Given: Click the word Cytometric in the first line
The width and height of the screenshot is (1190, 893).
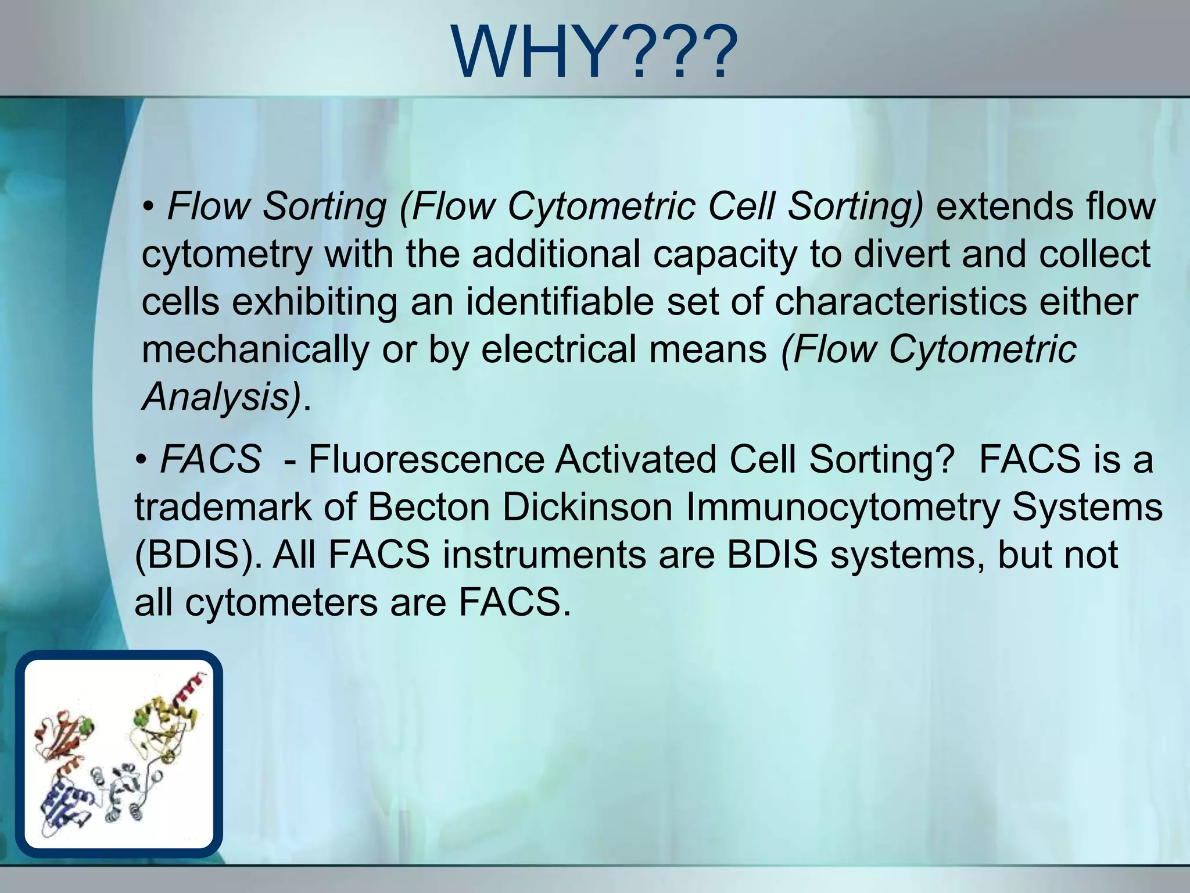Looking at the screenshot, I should tap(601, 207).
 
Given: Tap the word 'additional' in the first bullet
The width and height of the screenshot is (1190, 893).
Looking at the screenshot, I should tap(556, 254).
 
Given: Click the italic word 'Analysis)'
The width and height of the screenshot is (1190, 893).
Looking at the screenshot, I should tap(222, 397).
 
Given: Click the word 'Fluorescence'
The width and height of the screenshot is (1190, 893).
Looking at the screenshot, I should tap(426, 459).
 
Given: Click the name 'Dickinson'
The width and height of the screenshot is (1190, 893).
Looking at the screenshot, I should tap(587, 507).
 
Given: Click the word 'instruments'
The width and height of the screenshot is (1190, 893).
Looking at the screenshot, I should tap(544, 555).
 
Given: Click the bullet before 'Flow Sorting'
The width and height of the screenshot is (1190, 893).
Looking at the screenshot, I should tap(149, 207).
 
